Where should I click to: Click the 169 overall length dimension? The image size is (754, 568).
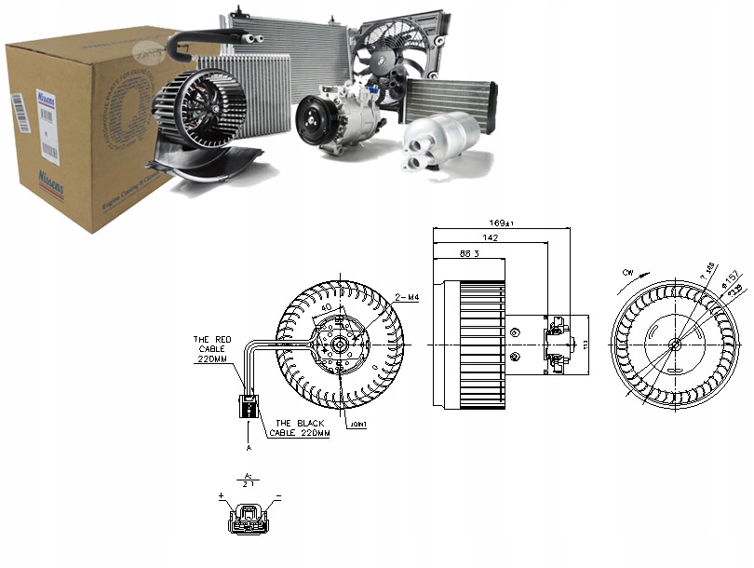pos(501,223)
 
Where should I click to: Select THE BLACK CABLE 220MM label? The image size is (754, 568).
pos(300,427)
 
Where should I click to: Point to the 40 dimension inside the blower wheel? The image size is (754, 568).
pos(326,308)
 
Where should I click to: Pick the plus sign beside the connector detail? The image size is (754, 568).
pos(222,498)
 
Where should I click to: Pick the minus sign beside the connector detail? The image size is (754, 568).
pos(277,498)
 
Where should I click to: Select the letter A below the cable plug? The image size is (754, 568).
pos(249,447)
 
